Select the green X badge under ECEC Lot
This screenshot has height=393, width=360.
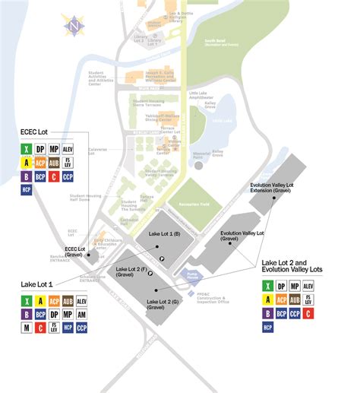pyautogui.click(x=27, y=149)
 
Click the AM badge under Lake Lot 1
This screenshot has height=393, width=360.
pyautogui.click(x=82, y=313)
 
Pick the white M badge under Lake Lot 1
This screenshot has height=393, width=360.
pyautogui.click(x=27, y=328)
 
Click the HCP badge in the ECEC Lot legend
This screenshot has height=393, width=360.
pyautogui.click(x=27, y=190)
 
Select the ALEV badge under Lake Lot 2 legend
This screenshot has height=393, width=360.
pyautogui.click(x=308, y=286)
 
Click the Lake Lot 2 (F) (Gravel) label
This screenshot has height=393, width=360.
pyautogui.click(x=130, y=273)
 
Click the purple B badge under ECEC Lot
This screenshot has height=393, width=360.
pyautogui.click(x=27, y=176)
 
